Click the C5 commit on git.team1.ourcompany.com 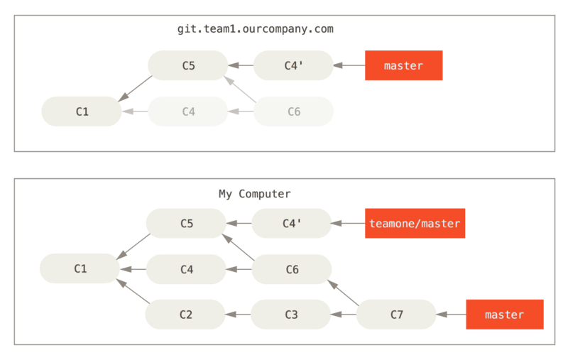[x=188, y=65]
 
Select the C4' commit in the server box [x=293, y=65]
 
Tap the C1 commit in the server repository [x=82, y=111]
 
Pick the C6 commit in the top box [x=293, y=111]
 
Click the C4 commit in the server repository [x=188, y=111]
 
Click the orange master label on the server [x=403, y=65]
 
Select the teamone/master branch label [x=415, y=223]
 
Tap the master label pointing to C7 [x=504, y=315]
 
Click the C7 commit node [x=396, y=315]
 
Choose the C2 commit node [x=185, y=315]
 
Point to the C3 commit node [x=291, y=315]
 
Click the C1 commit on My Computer [x=80, y=268]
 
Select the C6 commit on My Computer [x=292, y=269]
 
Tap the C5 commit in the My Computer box [x=186, y=223]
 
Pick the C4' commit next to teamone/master [x=292, y=223]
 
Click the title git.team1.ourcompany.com [x=256, y=29]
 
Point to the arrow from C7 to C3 [x=344, y=315]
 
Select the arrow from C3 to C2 [x=238, y=315]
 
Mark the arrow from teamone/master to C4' [x=348, y=223]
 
